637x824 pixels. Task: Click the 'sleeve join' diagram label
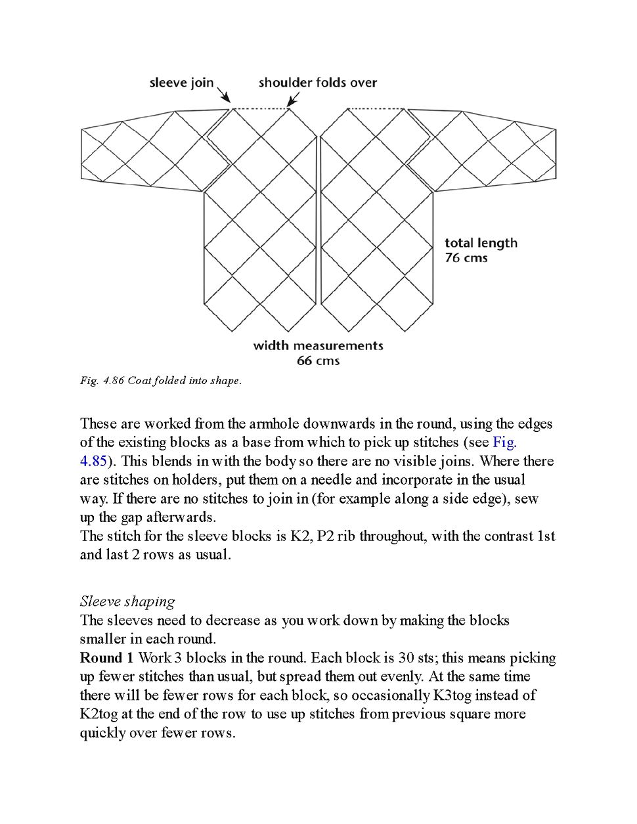(x=181, y=83)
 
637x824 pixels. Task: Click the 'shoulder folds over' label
(x=318, y=83)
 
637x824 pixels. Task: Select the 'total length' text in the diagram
(x=481, y=243)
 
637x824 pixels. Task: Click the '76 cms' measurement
(x=466, y=258)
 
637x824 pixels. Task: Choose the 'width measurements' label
(x=318, y=345)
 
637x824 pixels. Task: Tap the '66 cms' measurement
(x=318, y=360)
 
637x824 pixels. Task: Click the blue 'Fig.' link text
(x=504, y=443)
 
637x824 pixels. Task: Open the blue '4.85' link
(x=93, y=461)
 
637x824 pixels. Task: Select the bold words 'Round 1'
(x=106, y=658)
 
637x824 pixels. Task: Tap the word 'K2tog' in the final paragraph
(x=101, y=714)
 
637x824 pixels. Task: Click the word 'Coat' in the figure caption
(x=139, y=381)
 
